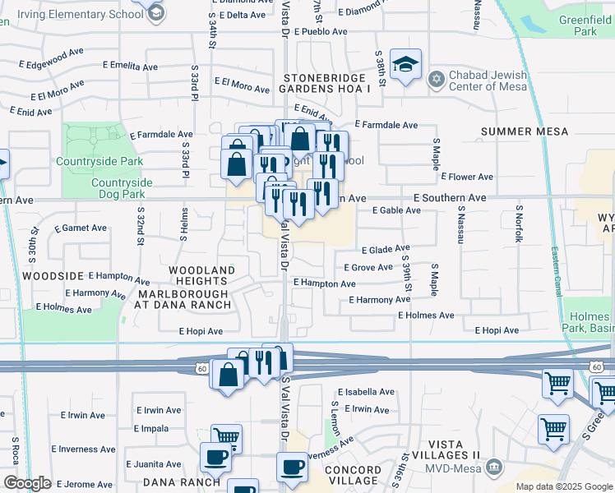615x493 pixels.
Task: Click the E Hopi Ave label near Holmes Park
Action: click(x=497, y=330)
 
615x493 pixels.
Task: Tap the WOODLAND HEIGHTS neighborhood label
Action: click(x=201, y=275)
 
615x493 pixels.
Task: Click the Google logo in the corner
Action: click(x=27, y=483)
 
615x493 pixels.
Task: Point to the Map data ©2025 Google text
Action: click(x=563, y=486)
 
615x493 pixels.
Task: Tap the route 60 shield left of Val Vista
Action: click(x=201, y=369)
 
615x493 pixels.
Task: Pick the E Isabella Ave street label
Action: click(x=366, y=392)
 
